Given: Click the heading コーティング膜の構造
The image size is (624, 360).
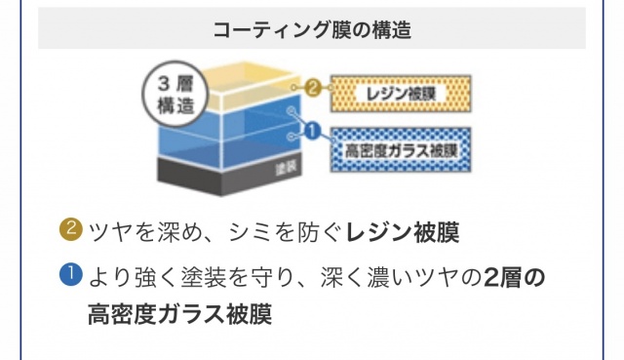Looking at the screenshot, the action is pyautogui.click(x=312, y=30).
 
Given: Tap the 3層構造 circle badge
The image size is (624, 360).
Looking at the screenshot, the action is pyautogui.click(x=175, y=95).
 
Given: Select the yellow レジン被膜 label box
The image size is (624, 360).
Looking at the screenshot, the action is pyautogui.click(x=401, y=94).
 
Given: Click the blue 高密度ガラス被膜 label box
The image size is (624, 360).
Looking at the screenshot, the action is pyautogui.click(x=401, y=150).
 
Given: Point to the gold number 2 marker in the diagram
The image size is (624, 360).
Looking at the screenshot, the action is pyautogui.click(x=313, y=88).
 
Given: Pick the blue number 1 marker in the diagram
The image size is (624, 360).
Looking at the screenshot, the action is pyautogui.click(x=313, y=131).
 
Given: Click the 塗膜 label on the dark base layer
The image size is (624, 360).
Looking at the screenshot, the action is pyautogui.click(x=286, y=169).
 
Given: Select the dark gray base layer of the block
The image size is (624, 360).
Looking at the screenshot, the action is pyautogui.click(x=230, y=176).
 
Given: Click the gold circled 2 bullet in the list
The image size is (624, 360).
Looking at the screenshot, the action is pyautogui.click(x=71, y=229).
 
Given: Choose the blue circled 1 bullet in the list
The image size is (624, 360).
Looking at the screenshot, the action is pyautogui.click(x=71, y=275).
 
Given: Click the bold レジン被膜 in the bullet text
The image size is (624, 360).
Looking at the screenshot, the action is pyautogui.click(x=403, y=232).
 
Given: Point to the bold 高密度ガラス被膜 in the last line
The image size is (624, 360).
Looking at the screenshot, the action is pyautogui.click(x=179, y=314).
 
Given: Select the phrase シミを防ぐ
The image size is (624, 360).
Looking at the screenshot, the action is pyautogui.click(x=286, y=232).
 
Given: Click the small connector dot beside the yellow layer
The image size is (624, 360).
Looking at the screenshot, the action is pyautogui.click(x=293, y=88).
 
